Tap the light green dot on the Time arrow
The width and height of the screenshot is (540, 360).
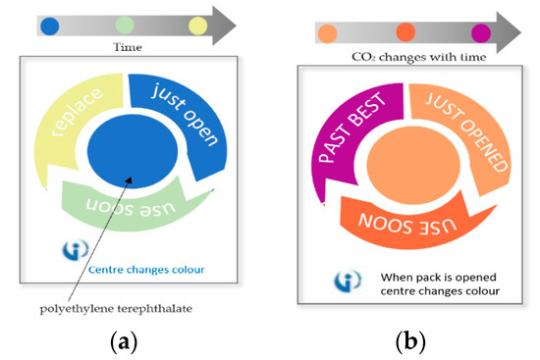click(x=125, y=25)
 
